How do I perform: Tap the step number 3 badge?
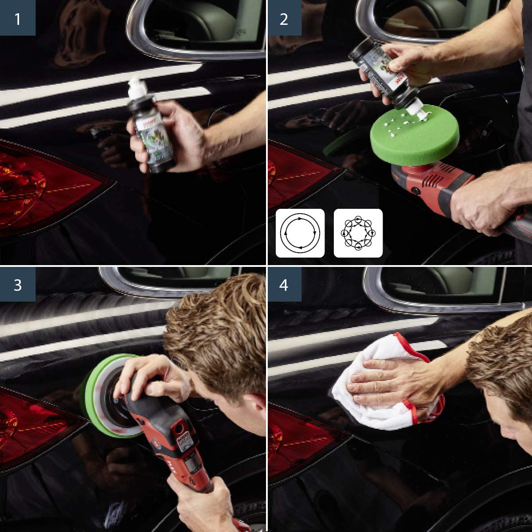(x=17, y=284)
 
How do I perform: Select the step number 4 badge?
(x=284, y=284)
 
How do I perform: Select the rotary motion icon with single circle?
(x=300, y=233)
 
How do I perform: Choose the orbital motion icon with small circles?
(x=358, y=233)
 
